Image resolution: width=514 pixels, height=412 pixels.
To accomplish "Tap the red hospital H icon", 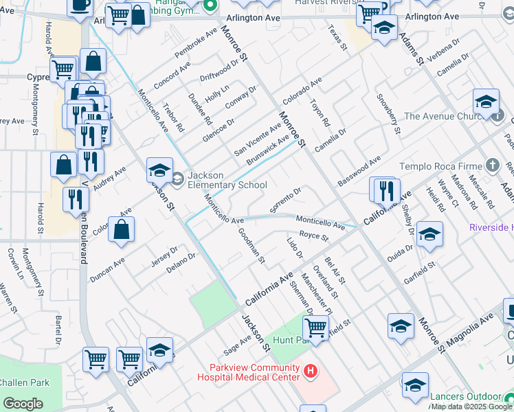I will point(311,371).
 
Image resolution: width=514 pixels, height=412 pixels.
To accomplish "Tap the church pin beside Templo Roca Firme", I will point(492,165).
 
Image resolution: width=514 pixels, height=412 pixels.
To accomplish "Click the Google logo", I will point(23,404).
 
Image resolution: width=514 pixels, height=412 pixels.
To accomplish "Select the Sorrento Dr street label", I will point(287,201).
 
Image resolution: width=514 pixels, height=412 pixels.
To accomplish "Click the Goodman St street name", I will point(251,246).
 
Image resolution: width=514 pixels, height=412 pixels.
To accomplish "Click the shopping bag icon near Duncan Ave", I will point(121,231).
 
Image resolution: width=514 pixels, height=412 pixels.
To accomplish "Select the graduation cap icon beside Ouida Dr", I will point(429,236).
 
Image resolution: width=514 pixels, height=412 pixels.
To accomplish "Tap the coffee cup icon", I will point(80,5).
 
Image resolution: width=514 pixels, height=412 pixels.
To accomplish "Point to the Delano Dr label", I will point(181,263).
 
